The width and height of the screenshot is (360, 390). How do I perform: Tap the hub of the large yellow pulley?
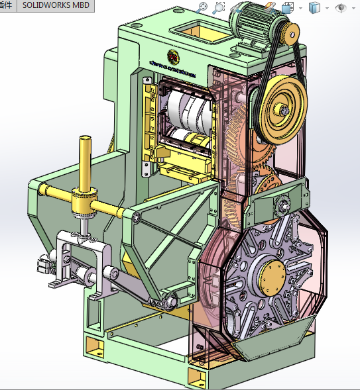(284, 112)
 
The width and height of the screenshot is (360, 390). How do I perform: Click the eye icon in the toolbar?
(341, 8)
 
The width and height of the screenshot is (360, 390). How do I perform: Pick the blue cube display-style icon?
(314, 8)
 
